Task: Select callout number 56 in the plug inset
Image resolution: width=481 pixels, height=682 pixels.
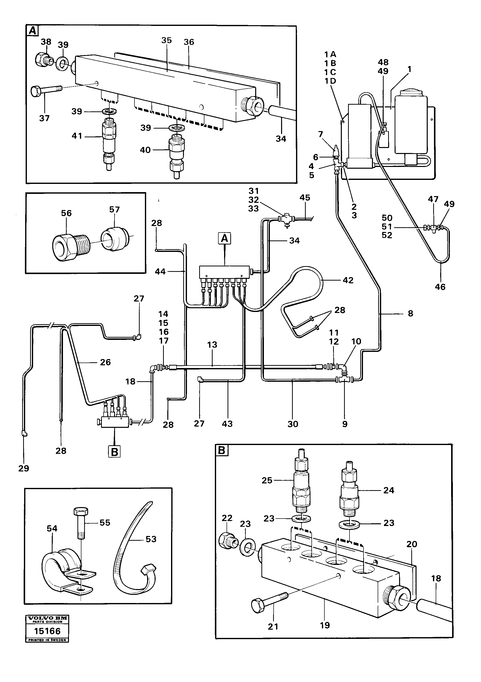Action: coord(66,213)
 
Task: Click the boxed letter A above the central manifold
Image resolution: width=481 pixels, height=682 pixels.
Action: coord(225,238)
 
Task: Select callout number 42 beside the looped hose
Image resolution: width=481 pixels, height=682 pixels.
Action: coord(348,280)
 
